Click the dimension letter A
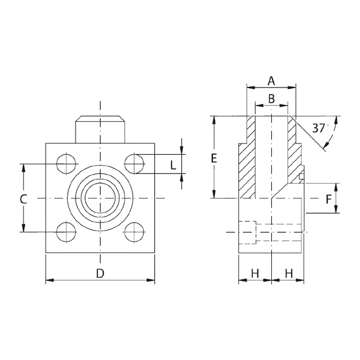[271, 81]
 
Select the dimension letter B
[271, 99]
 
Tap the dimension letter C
[23, 199]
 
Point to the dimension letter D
[100, 274]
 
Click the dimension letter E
[214, 158]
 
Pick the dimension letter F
[329, 199]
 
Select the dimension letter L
[173, 165]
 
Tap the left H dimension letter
[255, 274]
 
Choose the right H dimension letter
[289, 274]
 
